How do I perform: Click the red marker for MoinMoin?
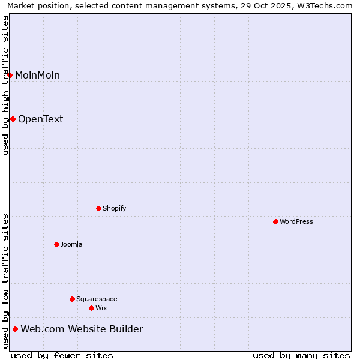tap(10, 75)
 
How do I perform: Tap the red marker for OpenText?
tap(13, 119)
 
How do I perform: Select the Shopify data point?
tap(99, 208)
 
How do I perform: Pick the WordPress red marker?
tap(276, 221)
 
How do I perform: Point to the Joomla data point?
tap(57, 244)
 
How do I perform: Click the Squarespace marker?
tap(73, 299)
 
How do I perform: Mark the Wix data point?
tap(92, 308)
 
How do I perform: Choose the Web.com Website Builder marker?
tap(16, 329)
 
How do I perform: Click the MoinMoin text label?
tap(37, 75)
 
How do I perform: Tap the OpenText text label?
tap(40, 119)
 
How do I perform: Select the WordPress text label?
tap(296, 221)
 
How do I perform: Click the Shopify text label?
tap(115, 208)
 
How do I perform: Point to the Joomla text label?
tap(71, 244)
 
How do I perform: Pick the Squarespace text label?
tap(97, 299)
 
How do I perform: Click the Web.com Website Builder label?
tap(82, 329)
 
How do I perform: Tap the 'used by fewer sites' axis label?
tap(62, 355)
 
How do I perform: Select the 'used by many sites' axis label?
tap(301, 355)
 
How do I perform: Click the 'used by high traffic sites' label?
tap(5, 85)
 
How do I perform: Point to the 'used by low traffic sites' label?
tap(5, 281)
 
